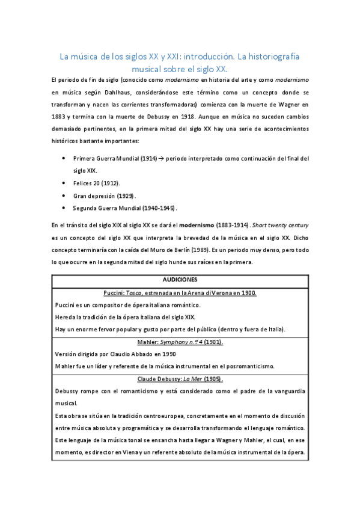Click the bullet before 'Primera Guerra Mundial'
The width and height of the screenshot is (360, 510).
(64, 159)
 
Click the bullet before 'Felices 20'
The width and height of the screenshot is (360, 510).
(64, 182)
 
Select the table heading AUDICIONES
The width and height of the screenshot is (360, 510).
(180, 280)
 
